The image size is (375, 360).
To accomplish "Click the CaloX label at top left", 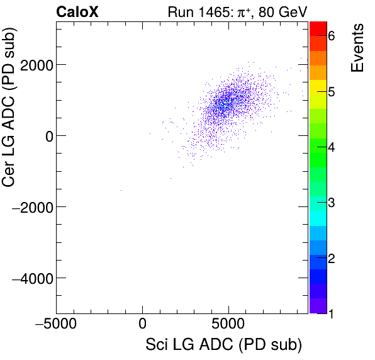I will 78,11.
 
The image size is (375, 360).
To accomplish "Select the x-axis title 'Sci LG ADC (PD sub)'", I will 224,345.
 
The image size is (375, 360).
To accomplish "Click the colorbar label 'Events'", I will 357,48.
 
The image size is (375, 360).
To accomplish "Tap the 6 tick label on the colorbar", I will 332,37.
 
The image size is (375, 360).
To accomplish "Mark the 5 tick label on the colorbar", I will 332,92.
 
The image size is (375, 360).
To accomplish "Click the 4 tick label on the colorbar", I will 332,147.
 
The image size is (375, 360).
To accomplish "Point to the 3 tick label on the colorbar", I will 332,203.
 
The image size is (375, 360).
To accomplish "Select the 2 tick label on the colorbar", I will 332,258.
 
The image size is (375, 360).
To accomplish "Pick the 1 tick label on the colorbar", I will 332,313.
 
